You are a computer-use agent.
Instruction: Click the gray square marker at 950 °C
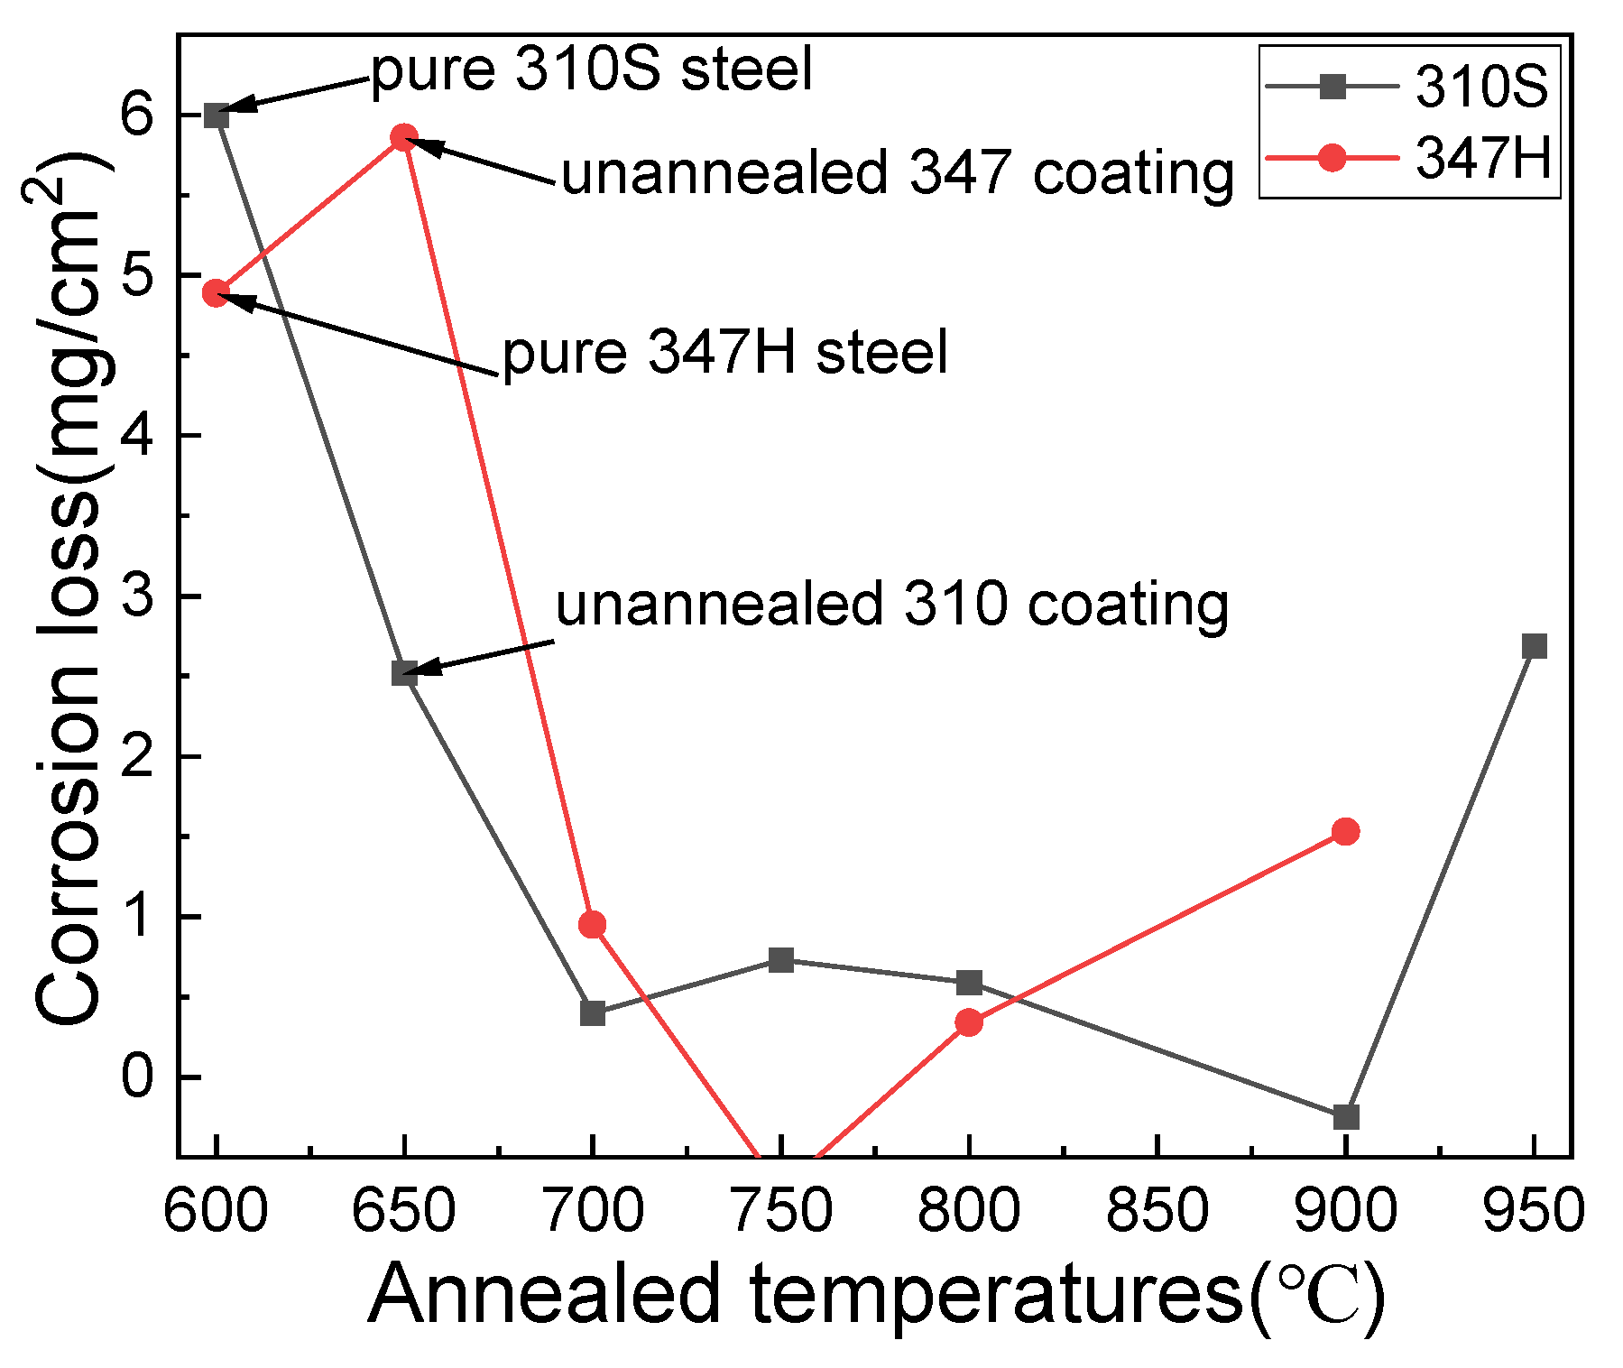pyautogui.click(x=1534, y=646)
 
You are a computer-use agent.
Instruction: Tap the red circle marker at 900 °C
pyautogui.click(x=1345, y=831)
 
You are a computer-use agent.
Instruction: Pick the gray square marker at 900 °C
pyautogui.click(x=1345, y=1116)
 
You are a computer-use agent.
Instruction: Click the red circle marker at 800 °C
pyautogui.click(x=969, y=1022)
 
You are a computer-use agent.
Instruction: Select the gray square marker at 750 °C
pyautogui.click(x=781, y=959)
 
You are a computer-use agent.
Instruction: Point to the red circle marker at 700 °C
pyautogui.click(x=593, y=924)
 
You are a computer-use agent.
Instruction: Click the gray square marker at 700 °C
pyautogui.click(x=593, y=1012)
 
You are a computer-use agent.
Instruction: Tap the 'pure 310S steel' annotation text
pyautogui.click(x=592, y=69)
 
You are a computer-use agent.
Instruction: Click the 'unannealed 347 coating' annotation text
pyautogui.click(x=897, y=172)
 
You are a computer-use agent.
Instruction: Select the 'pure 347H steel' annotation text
pyautogui.click(x=724, y=352)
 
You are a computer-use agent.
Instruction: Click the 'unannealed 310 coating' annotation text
pyautogui.click(x=891, y=604)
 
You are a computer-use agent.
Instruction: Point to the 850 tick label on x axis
pyautogui.click(x=1157, y=1210)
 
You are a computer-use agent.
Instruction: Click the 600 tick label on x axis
pyautogui.click(x=216, y=1210)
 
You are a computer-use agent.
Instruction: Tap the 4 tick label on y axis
pyautogui.click(x=138, y=436)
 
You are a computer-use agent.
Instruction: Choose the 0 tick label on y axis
pyautogui.click(x=138, y=1077)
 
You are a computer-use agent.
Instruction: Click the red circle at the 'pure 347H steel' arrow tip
pyautogui.click(x=216, y=292)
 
